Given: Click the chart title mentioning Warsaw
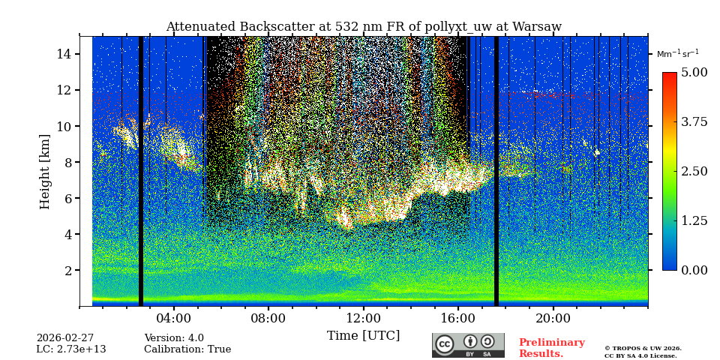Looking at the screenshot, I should click(x=363, y=27).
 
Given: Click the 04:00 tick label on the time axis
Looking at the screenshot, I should click(x=173, y=318).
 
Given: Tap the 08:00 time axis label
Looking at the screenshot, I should click(x=268, y=318).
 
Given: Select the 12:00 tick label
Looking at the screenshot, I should click(x=363, y=318).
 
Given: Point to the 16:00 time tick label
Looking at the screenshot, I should click(x=457, y=318).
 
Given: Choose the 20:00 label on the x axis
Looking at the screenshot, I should click(x=553, y=318).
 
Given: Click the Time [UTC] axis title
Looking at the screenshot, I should click(x=363, y=335).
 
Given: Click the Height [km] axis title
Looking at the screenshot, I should click(x=45, y=171).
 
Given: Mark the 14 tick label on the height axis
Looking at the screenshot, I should click(x=64, y=54).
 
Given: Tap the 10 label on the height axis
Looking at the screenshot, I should click(x=64, y=126).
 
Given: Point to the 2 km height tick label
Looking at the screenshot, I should click(x=67, y=270).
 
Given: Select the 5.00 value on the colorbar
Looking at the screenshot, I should click(x=694, y=73).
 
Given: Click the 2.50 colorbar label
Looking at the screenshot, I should click(x=694, y=171).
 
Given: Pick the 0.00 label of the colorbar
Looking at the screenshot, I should click(x=694, y=270).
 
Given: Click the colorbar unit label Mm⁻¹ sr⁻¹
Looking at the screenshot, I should click(x=677, y=54).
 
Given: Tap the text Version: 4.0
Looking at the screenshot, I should click(x=174, y=338).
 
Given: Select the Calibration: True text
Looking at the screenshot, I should click(x=187, y=349).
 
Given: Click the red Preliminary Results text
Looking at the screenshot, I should click(x=551, y=348).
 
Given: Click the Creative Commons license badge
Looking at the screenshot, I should click(x=468, y=345).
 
